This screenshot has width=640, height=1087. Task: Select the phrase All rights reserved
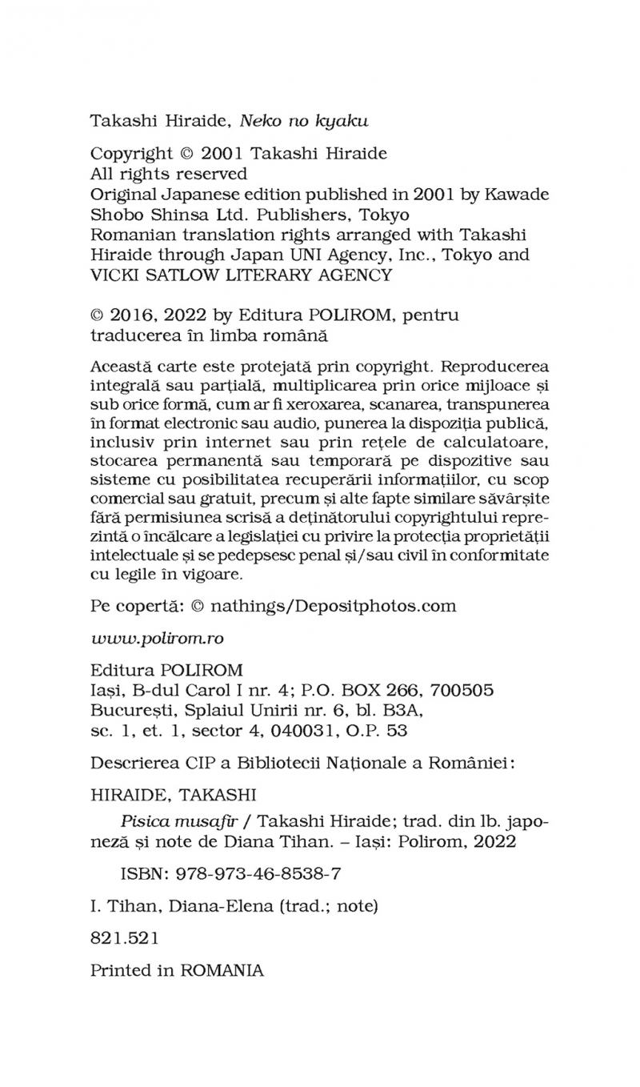pyautogui.click(x=169, y=174)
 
